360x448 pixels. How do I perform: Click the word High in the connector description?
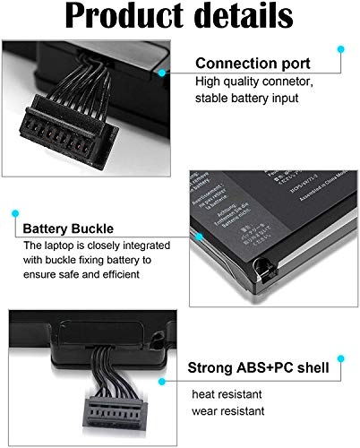point(208,82)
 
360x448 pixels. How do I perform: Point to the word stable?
point(213,98)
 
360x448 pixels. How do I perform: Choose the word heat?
point(205,394)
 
